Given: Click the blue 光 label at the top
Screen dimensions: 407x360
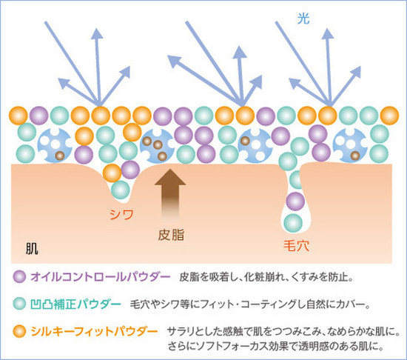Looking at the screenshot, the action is tap(303, 19).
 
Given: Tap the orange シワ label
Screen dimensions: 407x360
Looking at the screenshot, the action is tap(121, 214).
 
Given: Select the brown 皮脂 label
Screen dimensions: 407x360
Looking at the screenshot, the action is tap(171, 235).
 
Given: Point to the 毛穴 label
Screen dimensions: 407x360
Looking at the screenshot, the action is tap(296, 245).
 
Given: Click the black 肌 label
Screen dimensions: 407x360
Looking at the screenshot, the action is tap(32, 249).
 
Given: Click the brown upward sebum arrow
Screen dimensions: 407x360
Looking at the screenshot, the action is tap(170, 193).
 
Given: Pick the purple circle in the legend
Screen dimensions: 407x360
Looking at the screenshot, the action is tap(19, 276).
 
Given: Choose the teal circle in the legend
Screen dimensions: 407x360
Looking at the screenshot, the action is tap(19, 304).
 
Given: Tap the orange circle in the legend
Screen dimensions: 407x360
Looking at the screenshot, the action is tap(19, 331).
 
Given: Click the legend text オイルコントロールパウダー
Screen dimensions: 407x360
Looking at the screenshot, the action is tap(101, 277).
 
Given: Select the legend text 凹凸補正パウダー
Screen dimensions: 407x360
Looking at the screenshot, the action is tap(75, 304).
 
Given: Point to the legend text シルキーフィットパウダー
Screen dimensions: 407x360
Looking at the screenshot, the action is tap(94, 331).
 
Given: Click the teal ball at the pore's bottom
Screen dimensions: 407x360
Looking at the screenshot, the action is tap(293, 223).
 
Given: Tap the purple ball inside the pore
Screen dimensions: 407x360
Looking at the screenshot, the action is tap(295, 201).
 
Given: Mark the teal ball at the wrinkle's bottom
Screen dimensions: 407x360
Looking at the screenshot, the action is tap(121, 190).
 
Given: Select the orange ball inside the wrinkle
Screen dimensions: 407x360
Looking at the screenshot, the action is tap(112, 173).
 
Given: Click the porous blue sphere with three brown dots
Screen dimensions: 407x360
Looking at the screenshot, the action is tap(157, 146).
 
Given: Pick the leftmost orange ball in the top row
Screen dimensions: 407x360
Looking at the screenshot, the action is tap(18, 116).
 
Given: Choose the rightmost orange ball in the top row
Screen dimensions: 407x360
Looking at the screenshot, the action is tap(389, 116).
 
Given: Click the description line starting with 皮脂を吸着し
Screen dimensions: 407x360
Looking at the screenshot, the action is tap(266, 277).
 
